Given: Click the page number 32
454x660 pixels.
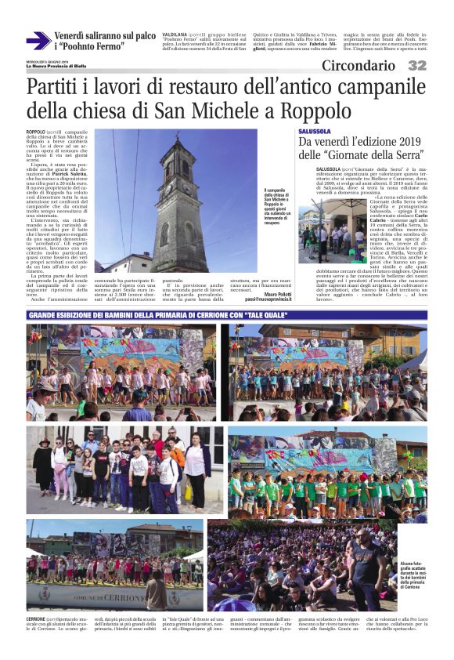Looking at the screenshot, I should click(416, 66).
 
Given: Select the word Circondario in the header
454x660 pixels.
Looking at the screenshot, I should click(359, 66).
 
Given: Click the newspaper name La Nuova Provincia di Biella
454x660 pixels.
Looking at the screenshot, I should click(59, 65).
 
